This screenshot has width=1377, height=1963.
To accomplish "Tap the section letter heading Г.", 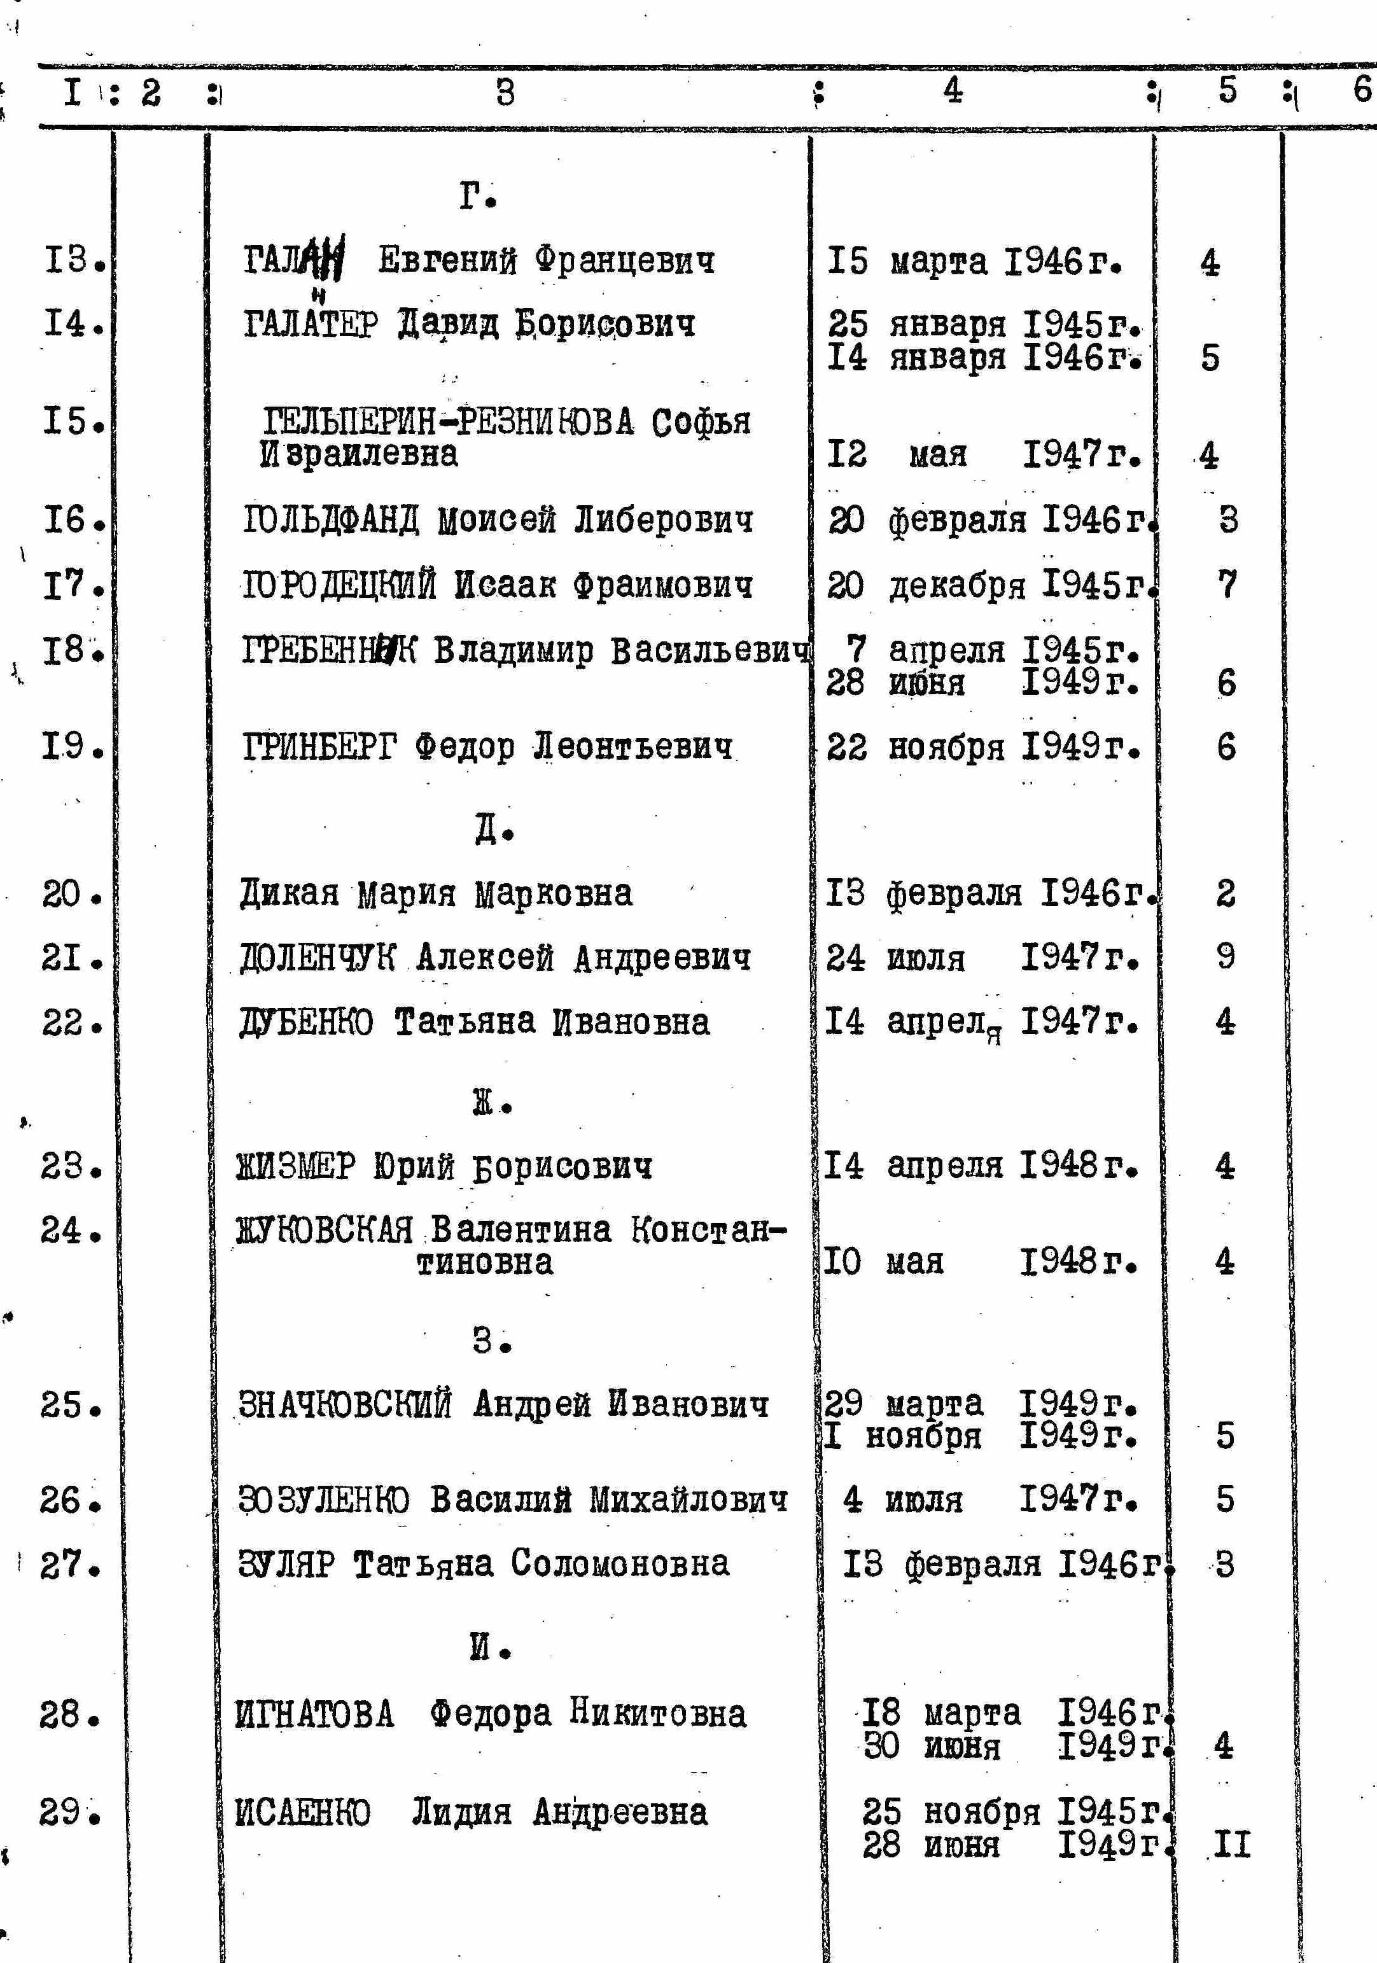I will [x=477, y=197].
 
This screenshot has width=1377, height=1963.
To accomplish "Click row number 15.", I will [x=74, y=421].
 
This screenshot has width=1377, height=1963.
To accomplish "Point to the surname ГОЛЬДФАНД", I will [x=330, y=520].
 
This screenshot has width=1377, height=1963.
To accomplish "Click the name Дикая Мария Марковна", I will [x=435, y=894].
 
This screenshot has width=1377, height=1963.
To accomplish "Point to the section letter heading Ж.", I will [x=491, y=1104].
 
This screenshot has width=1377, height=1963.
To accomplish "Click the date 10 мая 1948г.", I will [x=979, y=1262].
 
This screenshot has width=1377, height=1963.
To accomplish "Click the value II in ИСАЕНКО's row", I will [x=1232, y=1846].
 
